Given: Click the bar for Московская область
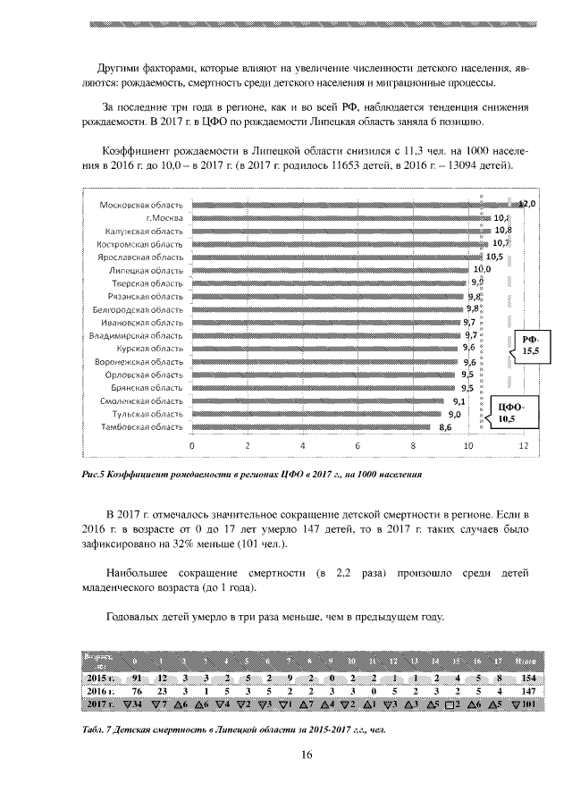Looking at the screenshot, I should [x=353, y=205].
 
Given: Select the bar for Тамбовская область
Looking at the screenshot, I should [x=310, y=427].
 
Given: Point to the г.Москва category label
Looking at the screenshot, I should [x=164, y=218].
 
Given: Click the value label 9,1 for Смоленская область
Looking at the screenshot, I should [x=458, y=401].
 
